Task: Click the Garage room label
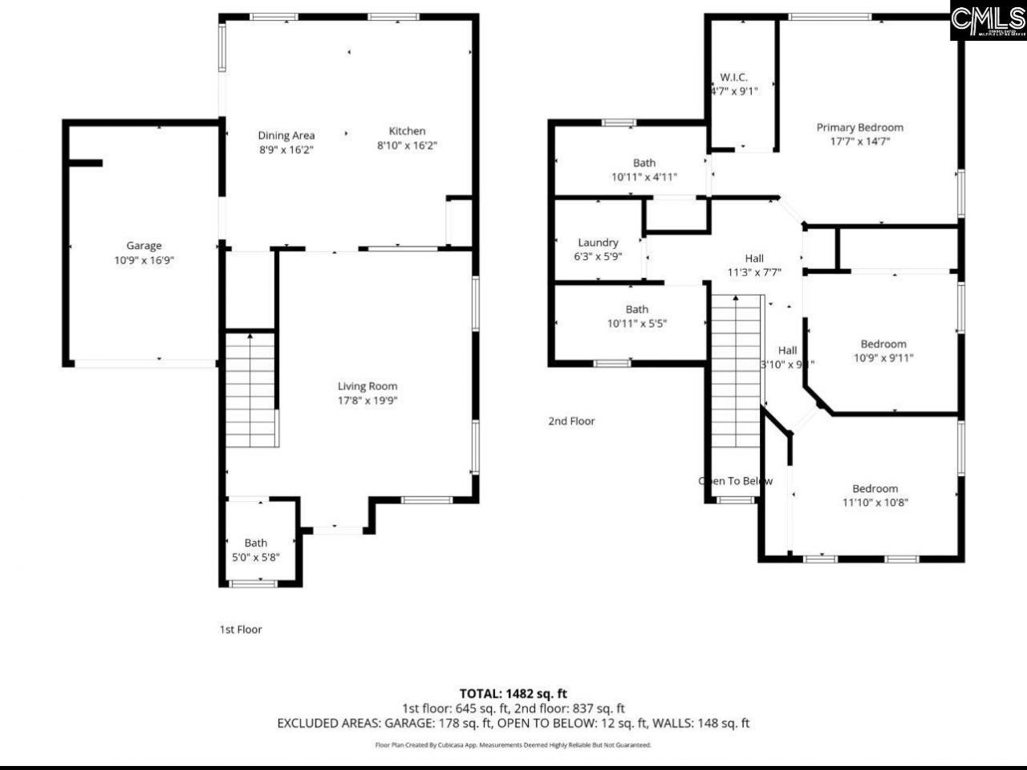click(144, 246)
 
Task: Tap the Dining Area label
click(286, 136)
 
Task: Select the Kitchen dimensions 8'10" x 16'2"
click(407, 145)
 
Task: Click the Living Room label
click(367, 386)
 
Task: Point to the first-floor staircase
click(251, 391)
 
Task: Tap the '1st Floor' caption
click(241, 629)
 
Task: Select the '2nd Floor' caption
click(571, 421)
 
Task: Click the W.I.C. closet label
click(733, 77)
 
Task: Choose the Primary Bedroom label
click(859, 127)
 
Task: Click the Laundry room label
click(598, 242)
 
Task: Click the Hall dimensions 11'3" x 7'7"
click(754, 272)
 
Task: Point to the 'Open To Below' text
click(736, 481)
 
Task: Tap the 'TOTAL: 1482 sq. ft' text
click(513, 693)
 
